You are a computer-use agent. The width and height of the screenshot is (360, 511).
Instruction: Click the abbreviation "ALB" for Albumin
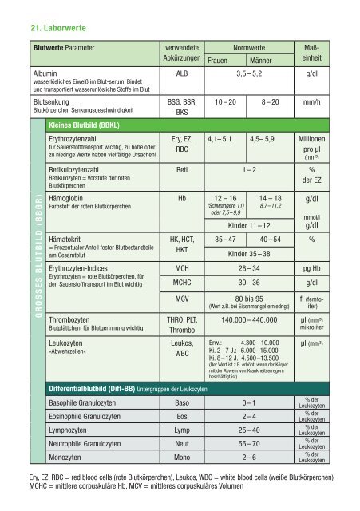click(x=174, y=72)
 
